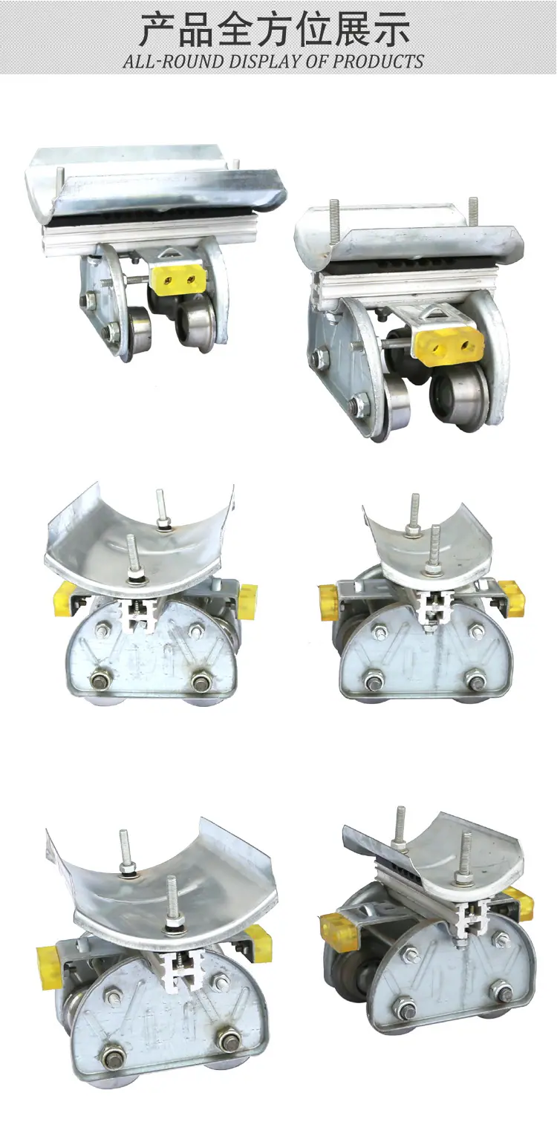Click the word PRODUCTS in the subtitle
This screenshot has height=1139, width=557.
tap(378, 62)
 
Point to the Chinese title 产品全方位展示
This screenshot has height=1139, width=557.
tap(275, 30)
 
